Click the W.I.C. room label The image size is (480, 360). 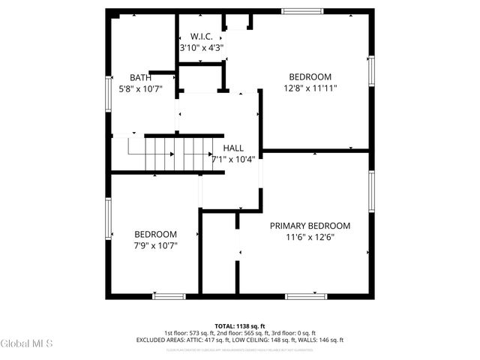pos(202,36)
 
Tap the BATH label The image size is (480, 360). pos(140,77)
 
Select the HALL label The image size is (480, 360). pos(233,148)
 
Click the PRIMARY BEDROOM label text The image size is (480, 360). pos(310,226)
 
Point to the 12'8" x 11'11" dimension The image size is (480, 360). pos(310,88)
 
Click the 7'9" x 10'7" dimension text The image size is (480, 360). pos(155,245)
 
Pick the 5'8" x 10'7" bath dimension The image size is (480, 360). pos(140,88)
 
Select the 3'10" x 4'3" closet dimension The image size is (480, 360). pos(202,47)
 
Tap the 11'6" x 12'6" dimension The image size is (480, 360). pos(310,237)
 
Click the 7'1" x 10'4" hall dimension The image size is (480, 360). pos(233,158)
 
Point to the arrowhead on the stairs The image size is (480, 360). pos(172,154)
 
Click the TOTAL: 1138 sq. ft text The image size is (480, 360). pos(239,326)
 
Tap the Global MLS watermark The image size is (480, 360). pos(26,343)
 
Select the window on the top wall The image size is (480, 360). pos(304,10)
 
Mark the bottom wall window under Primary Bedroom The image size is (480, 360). pos(306,296)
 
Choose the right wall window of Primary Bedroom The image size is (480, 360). pos(371,191)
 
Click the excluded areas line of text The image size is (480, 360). pos(239,340)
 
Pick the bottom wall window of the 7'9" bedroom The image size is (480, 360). pos(169,296)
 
